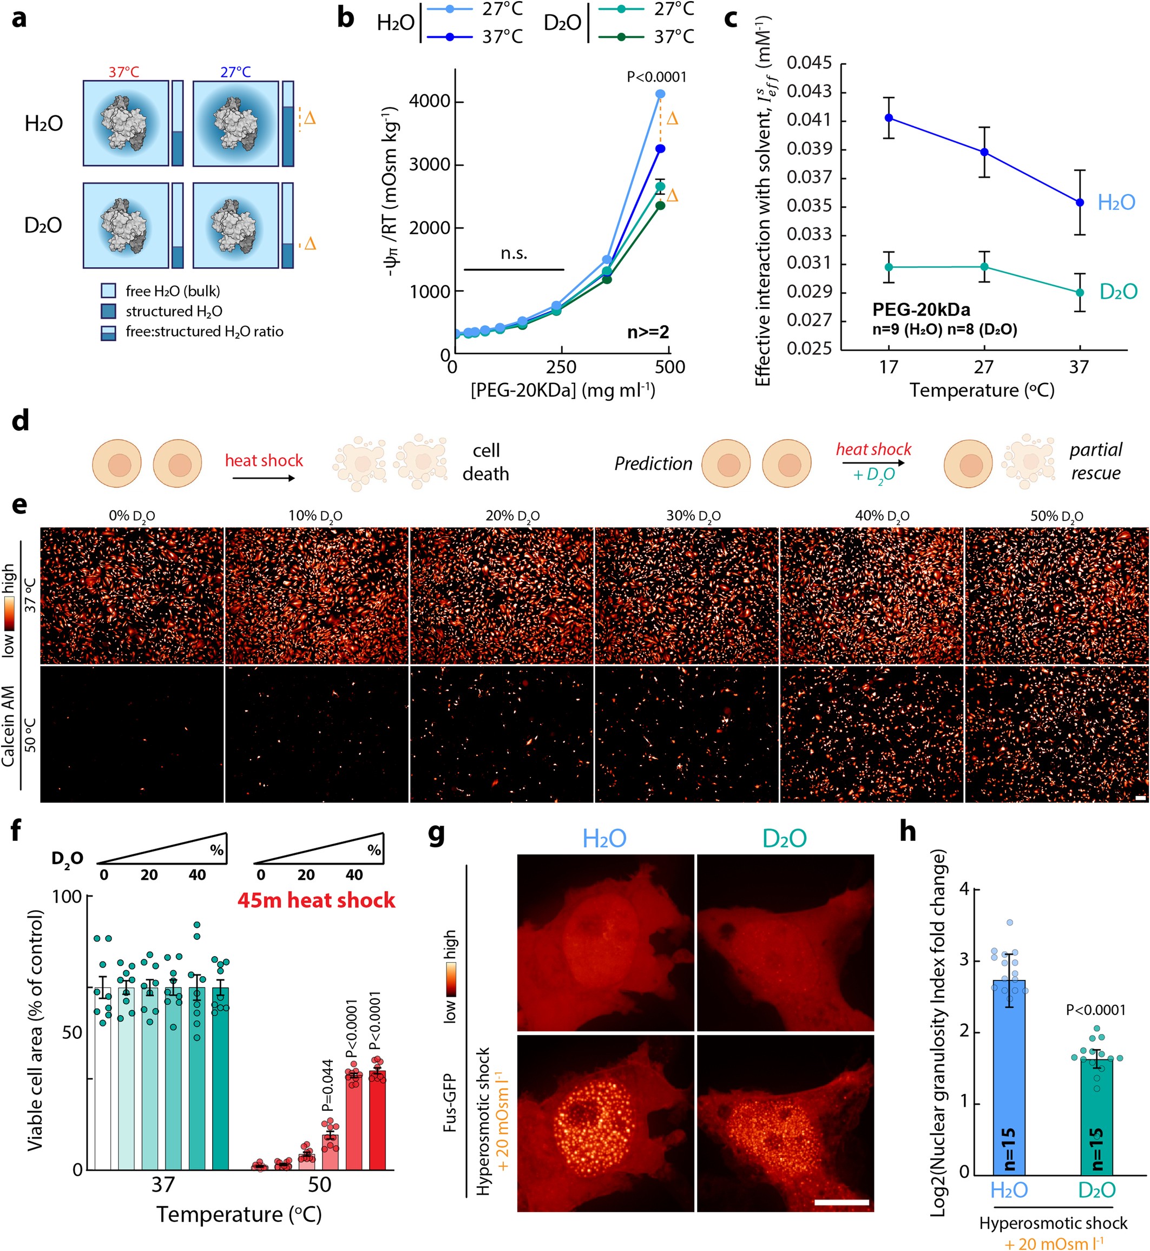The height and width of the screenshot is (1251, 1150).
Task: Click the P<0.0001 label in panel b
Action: [x=656, y=77]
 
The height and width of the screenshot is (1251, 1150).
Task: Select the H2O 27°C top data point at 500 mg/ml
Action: [x=660, y=94]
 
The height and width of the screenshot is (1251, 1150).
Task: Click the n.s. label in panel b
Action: [x=514, y=253]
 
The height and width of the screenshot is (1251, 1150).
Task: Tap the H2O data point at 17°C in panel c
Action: [x=889, y=117]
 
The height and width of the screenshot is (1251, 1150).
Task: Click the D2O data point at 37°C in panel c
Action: [x=1080, y=292]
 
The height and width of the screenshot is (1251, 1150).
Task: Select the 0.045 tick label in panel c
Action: [x=809, y=63]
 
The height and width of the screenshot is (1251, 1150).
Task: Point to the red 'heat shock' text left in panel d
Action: [x=264, y=460]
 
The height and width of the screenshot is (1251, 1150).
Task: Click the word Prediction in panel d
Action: [x=653, y=464]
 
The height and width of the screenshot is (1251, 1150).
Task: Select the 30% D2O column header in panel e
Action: [x=693, y=516]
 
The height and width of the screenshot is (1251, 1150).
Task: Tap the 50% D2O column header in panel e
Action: [x=1057, y=516]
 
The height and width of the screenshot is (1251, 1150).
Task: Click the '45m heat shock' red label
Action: [x=316, y=900]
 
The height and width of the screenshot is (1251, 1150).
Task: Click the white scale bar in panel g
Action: [x=842, y=1202]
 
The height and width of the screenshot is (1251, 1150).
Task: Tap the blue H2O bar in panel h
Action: [x=1009, y=1082]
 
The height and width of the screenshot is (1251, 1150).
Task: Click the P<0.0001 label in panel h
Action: [x=1096, y=1010]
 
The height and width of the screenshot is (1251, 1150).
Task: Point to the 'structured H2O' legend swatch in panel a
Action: [x=108, y=311]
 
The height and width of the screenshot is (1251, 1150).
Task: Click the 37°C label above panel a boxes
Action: [x=124, y=72]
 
